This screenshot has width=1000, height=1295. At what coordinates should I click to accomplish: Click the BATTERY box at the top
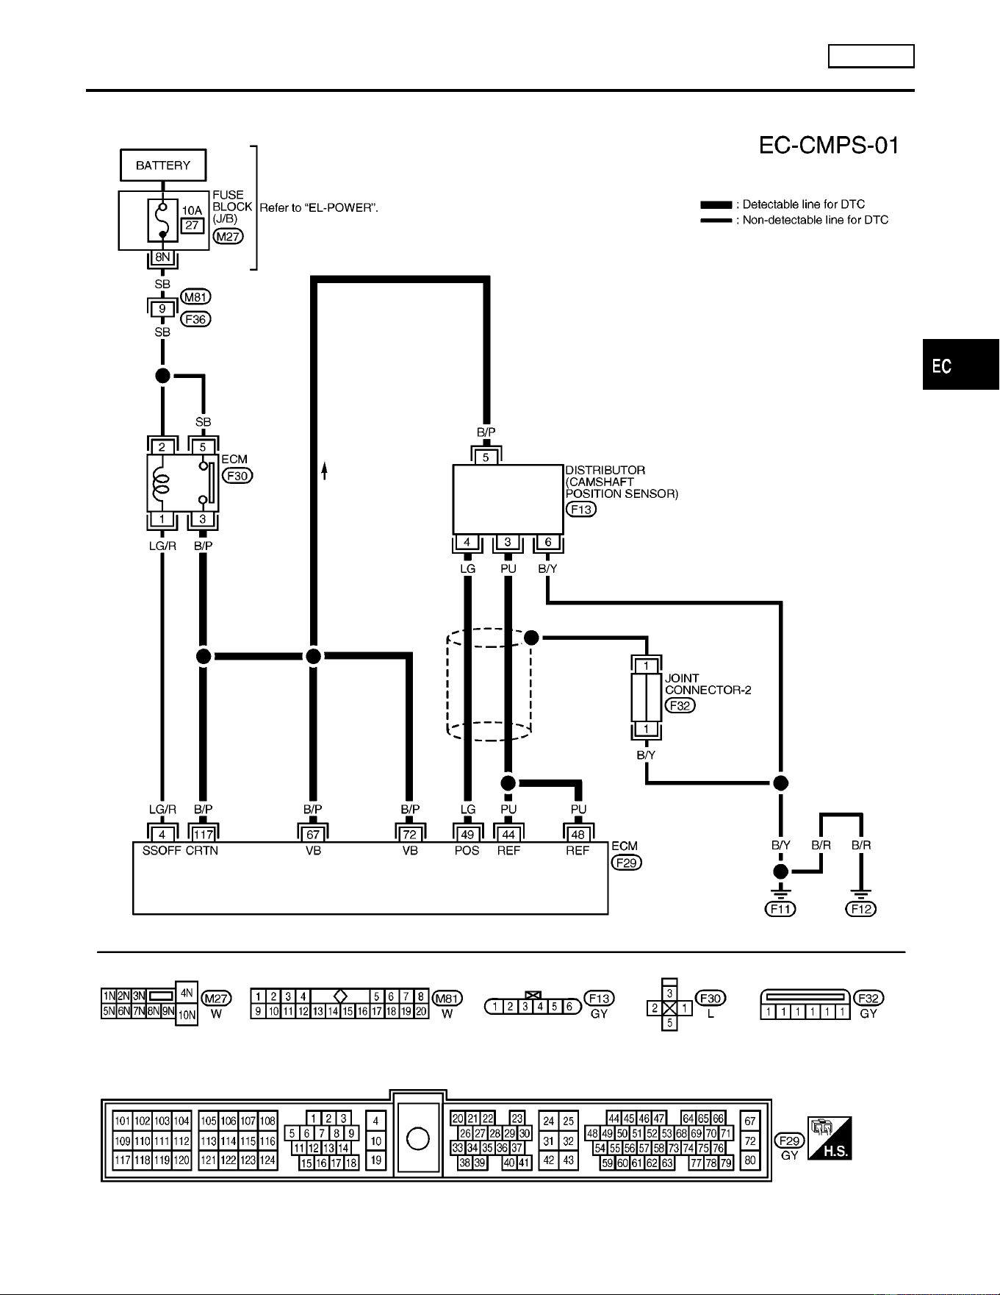point(163,165)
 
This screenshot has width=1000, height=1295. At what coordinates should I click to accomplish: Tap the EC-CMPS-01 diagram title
point(829,146)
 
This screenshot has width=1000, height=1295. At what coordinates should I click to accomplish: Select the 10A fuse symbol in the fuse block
point(163,220)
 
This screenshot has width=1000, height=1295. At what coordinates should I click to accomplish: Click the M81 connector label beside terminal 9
point(195,297)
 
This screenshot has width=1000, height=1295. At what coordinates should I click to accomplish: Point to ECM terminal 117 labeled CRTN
point(203,834)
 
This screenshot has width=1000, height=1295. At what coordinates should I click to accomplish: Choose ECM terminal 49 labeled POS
point(467,834)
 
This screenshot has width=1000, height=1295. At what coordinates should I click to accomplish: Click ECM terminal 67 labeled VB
point(313,834)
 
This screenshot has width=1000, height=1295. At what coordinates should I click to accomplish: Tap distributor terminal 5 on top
point(486,457)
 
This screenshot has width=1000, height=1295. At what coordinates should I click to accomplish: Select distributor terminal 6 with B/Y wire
point(548,543)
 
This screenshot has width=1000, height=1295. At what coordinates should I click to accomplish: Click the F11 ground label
point(780,909)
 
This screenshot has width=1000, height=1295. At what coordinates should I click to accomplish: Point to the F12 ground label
point(861,909)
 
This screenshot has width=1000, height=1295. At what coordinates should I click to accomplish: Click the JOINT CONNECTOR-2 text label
point(708,684)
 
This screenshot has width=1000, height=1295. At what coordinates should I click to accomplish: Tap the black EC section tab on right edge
point(961,365)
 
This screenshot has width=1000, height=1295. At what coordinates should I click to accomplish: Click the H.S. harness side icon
point(830,1138)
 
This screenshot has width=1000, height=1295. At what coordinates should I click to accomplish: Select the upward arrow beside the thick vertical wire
point(324,471)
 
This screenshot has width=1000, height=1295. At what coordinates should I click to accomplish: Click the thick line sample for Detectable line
point(716,204)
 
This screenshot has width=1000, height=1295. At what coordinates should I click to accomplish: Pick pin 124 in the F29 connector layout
point(268,1160)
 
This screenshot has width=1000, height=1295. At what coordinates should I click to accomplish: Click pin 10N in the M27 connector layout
point(187,1016)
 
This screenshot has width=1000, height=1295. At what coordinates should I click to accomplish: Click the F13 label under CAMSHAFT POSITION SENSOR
point(581,509)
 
